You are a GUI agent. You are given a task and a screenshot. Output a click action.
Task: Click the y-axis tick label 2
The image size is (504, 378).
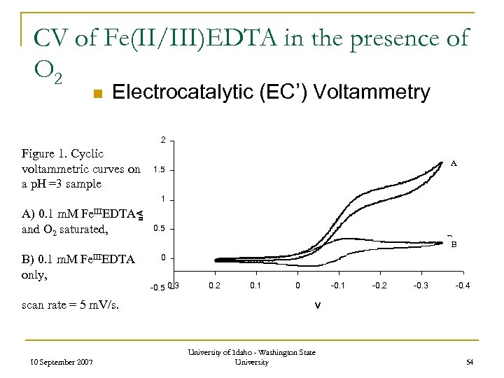162,141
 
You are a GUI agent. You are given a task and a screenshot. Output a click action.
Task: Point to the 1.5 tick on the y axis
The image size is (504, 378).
159,170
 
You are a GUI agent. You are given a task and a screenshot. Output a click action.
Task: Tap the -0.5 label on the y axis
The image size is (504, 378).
157,288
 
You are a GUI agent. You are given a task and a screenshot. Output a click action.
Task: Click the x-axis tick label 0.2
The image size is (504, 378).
215,285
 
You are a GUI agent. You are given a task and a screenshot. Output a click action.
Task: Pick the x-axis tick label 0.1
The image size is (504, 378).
256,285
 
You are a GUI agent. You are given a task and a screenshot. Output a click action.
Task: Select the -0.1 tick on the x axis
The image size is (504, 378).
337,285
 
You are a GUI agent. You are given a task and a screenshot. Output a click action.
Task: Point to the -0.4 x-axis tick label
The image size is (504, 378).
463,285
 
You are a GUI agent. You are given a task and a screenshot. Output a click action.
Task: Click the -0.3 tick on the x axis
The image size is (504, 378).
421,285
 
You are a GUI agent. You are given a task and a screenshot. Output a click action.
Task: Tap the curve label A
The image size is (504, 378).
454,163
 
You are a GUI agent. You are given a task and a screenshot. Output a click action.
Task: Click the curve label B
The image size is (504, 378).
454,245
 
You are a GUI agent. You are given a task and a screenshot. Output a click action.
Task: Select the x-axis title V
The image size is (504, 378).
317,305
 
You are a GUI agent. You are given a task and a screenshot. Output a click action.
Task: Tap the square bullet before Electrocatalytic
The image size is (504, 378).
98,93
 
